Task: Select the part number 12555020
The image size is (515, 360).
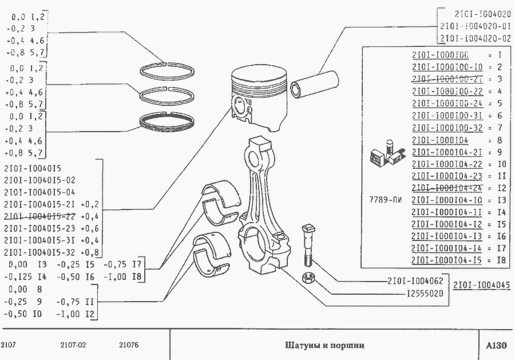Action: point(422,294)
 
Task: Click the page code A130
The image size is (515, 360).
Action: point(496,346)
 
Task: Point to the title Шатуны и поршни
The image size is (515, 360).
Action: point(324,346)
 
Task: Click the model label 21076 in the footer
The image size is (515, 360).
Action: point(129,345)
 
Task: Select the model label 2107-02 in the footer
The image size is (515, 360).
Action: point(73,345)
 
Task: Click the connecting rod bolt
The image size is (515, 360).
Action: point(307,243)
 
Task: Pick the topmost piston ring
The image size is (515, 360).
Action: point(168,68)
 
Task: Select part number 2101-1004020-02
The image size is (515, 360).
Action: point(474,39)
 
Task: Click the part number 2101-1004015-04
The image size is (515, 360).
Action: point(39,192)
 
